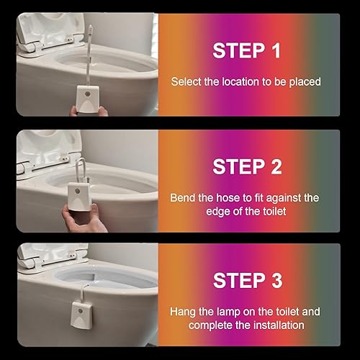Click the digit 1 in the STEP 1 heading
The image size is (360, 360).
pyautogui.click(x=276, y=50)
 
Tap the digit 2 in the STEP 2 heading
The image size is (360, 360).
pyautogui.click(x=276, y=167)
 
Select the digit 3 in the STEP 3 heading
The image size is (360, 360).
pyautogui.click(x=277, y=280)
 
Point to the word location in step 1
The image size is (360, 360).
pyautogui.click(x=240, y=81)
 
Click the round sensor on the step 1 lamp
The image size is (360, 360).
pyautogui.click(x=88, y=94)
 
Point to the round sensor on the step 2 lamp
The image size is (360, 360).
pyautogui.click(x=77, y=191)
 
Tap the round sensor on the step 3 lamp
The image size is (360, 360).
pyautogui.click(x=81, y=311)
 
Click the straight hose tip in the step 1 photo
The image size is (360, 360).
pyautogui.click(x=91, y=30)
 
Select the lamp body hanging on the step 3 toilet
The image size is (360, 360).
pyautogui.click(x=81, y=315)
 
